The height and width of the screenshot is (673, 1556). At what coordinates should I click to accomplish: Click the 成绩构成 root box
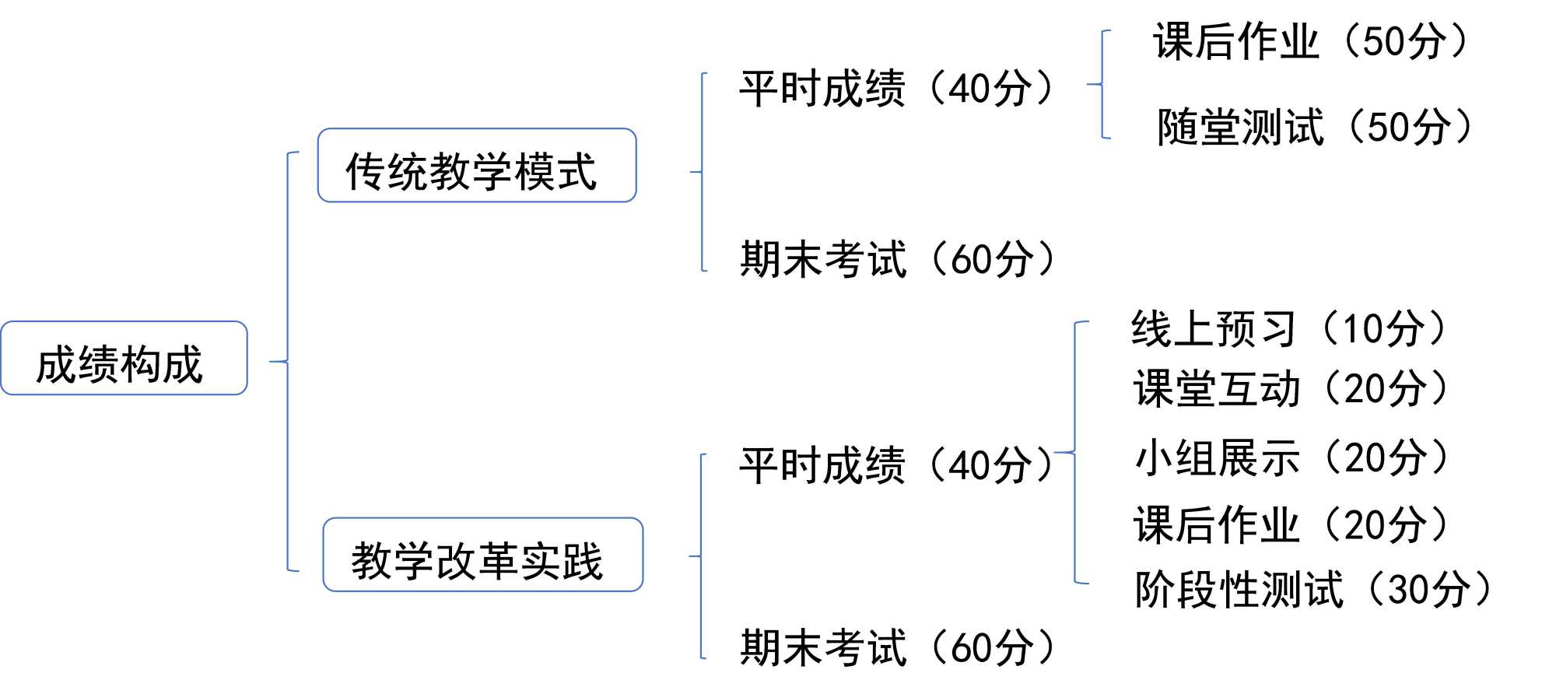click(124, 359)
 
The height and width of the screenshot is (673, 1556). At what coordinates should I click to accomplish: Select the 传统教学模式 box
click(477, 166)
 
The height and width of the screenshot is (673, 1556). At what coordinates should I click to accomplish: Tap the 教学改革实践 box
click(482, 555)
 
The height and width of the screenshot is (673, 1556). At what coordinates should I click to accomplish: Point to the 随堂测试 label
click(1240, 127)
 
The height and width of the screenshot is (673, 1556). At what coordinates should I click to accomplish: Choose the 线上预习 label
click(1213, 328)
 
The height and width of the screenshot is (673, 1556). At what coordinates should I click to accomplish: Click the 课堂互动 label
click(1216, 388)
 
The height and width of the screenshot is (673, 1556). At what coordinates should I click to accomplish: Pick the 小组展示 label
click(1217, 457)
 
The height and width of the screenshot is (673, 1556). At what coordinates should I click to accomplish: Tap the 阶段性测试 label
click(1238, 589)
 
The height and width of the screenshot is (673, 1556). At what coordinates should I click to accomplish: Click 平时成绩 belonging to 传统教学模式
click(822, 88)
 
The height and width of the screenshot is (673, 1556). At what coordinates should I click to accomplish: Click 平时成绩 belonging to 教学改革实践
click(822, 465)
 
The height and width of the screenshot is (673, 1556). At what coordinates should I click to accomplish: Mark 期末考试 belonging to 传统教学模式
click(823, 259)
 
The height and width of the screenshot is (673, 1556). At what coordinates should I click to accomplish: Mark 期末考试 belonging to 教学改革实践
click(823, 647)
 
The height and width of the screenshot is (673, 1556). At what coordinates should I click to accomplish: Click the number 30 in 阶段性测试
click(1408, 590)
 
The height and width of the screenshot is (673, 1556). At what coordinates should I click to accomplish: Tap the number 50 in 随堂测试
click(1387, 128)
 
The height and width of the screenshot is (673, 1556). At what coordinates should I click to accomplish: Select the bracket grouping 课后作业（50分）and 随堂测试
click(1102, 84)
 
